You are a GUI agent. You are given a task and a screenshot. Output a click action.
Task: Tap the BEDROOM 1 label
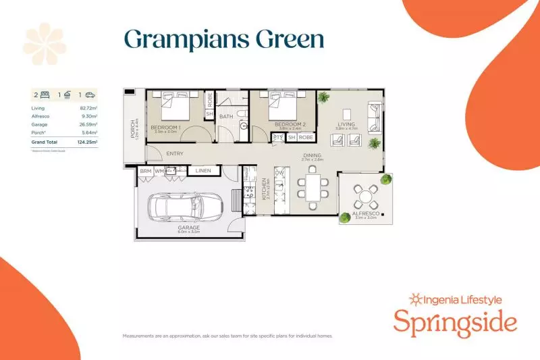click(164, 128)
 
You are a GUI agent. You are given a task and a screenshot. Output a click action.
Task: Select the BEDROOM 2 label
click(291, 125)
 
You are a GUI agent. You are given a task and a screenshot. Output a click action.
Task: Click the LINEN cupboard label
click(203, 172)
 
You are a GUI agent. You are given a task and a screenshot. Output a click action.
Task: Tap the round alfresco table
click(365, 198)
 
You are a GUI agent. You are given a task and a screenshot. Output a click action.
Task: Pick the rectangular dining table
click(312, 189)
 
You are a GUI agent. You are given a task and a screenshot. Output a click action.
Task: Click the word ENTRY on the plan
click(174, 154)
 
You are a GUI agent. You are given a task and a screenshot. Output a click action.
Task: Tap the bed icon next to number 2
click(45, 95)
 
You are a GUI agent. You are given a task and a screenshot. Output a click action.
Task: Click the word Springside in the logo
click(455, 323)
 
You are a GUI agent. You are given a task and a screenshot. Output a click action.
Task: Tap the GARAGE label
click(190, 228)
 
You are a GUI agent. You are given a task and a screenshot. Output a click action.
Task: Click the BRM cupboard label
click(146, 172)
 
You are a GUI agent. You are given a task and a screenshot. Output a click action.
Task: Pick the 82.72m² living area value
click(88, 108)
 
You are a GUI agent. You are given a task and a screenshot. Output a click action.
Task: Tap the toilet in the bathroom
click(243, 126)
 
